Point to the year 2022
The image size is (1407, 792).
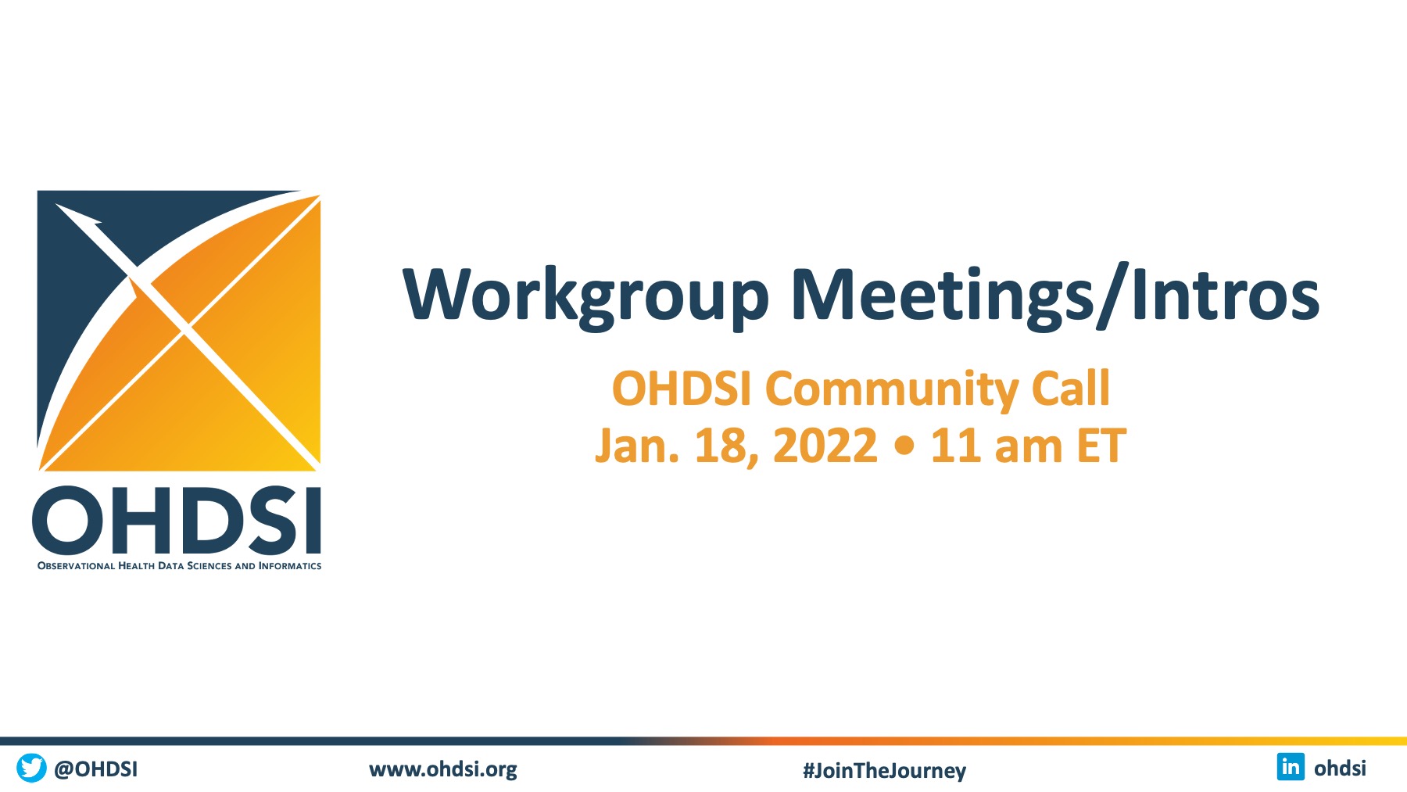[825, 446]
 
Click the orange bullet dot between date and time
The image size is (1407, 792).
[904, 447]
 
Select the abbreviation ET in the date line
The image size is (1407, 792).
[1101, 446]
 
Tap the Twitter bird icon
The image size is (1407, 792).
[31, 768]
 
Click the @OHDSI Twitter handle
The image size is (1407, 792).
[96, 769]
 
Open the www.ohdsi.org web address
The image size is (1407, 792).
[443, 770]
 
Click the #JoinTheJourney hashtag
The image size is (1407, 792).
[884, 771]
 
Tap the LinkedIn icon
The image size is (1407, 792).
[1291, 767]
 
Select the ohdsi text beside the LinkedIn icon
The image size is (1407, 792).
[1340, 769]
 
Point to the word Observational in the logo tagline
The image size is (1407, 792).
[76, 566]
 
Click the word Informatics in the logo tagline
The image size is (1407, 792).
[290, 566]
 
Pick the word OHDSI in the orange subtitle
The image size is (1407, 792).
[681, 389]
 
